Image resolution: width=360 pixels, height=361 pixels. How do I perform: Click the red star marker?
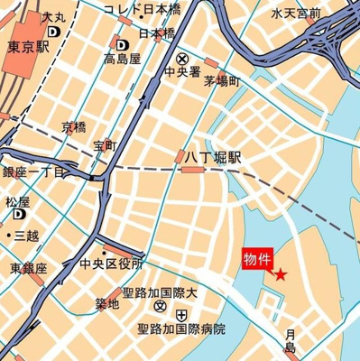click(x=280, y=274)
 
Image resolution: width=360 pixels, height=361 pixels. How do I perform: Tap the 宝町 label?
click(x=104, y=144)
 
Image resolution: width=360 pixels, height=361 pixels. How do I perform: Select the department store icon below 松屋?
click(x=19, y=216)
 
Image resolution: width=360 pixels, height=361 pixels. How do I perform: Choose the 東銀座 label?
click(x=29, y=268)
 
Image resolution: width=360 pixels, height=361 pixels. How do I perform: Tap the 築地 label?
click(x=106, y=303)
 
